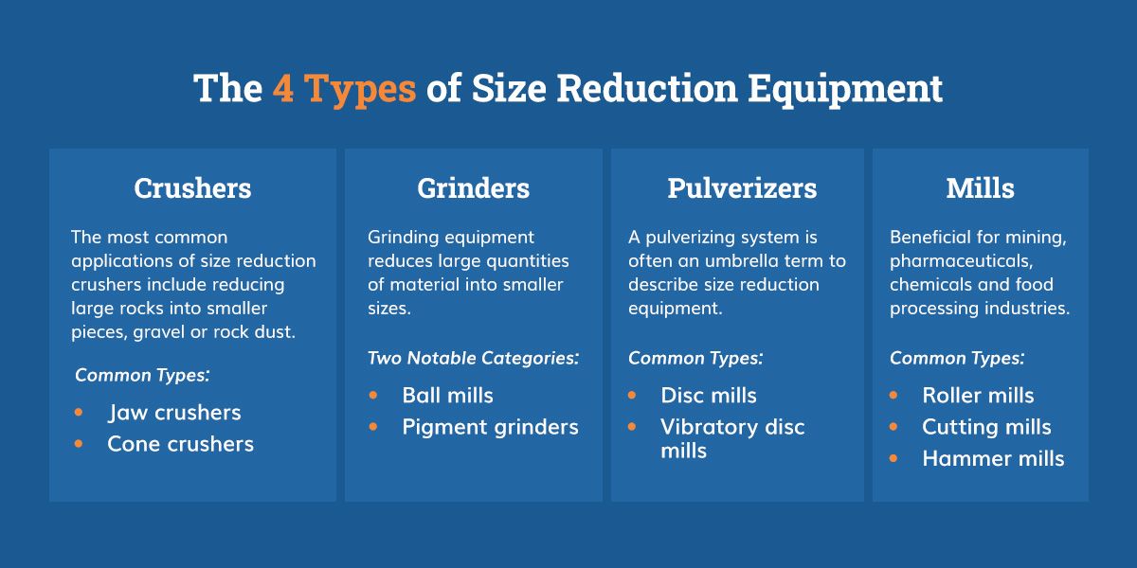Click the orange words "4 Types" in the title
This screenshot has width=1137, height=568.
point(344,89)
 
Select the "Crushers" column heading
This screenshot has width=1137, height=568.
point(192,188)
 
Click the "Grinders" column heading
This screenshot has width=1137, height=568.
point(473,188)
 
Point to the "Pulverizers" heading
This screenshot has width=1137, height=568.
point(742,188)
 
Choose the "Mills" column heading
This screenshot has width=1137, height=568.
point(980,188)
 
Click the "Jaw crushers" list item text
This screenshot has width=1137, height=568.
point(174,413)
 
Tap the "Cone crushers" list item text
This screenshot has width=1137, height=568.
point(180,444)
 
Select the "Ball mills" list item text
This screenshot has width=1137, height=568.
point(447,395)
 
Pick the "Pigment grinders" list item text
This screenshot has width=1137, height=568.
point(490,427)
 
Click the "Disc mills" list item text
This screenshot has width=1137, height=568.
point(708,395)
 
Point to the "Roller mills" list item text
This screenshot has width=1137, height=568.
point(978,395)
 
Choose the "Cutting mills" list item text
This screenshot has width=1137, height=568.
point(986,427)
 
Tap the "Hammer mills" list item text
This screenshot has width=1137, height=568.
point(993,458)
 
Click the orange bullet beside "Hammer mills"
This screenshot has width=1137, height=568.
point(893,458)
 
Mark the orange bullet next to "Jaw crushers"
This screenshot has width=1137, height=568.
point(78,413)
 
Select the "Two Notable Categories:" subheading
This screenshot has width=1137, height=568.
point(473,358)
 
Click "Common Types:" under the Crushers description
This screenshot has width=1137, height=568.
point(142,375)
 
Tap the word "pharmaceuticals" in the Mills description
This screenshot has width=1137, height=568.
point(962,261)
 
